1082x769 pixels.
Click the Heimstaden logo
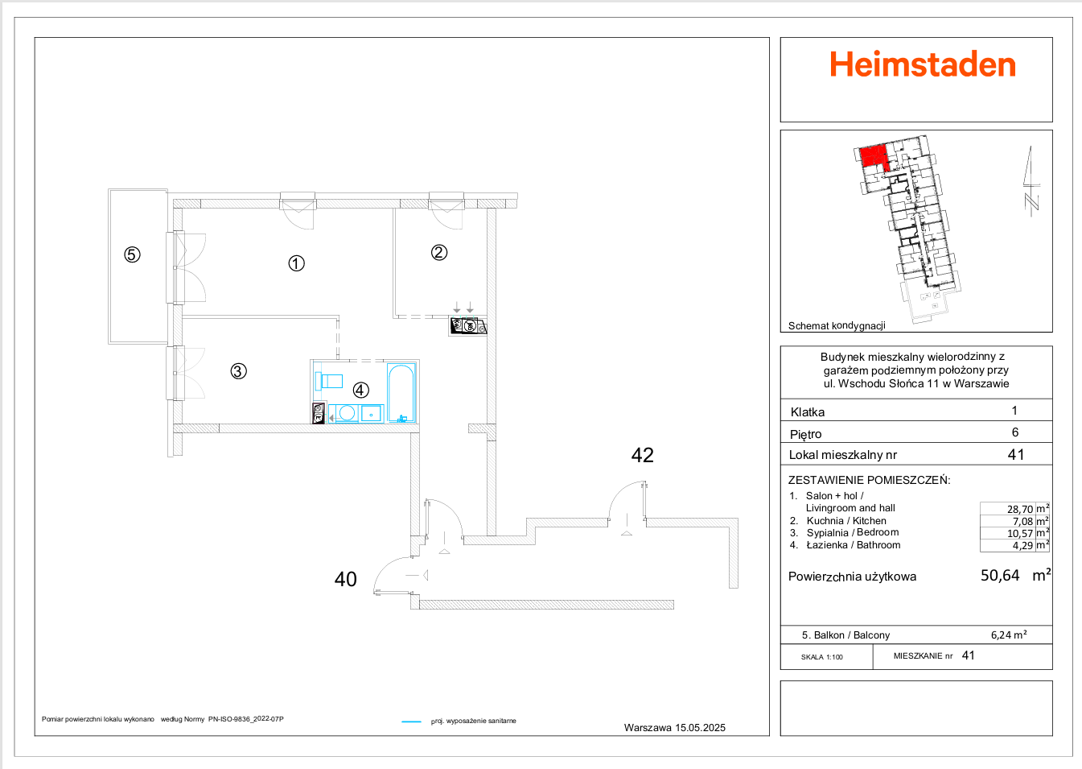[922, 65]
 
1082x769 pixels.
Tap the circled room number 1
[296, 263]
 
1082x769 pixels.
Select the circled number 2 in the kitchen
[438, 252]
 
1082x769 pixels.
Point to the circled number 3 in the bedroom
[238, 371]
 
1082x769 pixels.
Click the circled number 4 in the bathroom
[360, 390]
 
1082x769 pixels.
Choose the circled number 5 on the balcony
[132, 254]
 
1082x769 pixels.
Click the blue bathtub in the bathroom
[401, 393]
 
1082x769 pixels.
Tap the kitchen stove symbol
[468, 326]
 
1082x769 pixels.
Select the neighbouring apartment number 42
[642, 456]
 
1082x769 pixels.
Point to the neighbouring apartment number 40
[345, 580]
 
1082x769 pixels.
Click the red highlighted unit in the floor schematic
[874, 156]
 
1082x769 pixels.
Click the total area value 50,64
[999, 576]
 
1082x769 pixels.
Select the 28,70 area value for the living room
[1019, 509]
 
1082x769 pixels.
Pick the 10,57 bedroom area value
[1019, 533]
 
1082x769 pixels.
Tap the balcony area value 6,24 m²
[1008, 635]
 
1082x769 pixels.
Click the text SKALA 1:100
[821, 657]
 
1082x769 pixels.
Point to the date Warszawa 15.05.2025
[674, 728]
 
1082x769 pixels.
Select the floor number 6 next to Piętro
[1014, 432]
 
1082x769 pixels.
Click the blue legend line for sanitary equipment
[411, 721]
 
